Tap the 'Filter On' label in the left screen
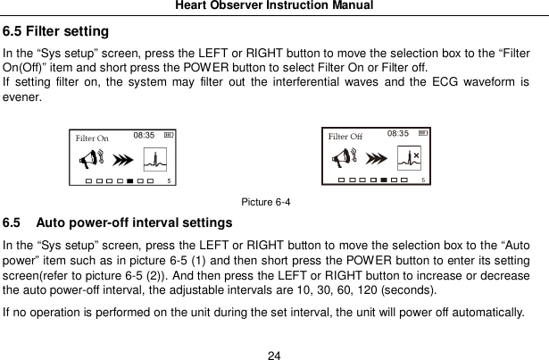click(92, 138)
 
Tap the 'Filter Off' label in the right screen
click(345, 136)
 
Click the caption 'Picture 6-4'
click(265, 203)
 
